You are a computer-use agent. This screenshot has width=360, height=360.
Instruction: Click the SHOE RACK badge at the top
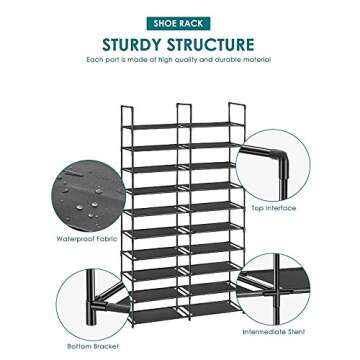tap(179, 19)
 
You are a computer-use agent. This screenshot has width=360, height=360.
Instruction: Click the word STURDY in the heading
tap(139, 44)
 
